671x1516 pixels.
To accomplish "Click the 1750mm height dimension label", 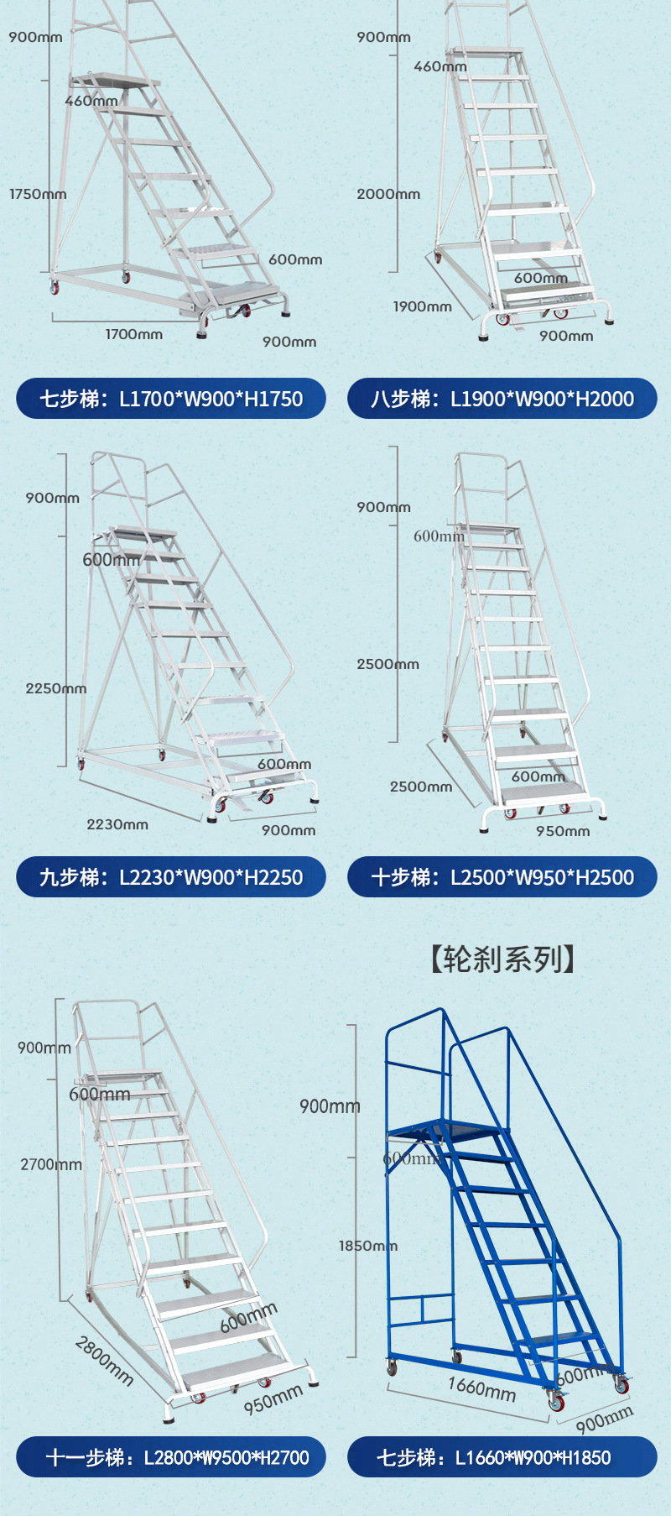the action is pyautogui.click(x=38, y=194).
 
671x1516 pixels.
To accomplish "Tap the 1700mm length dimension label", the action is pyautogui.click(x=133, y=334).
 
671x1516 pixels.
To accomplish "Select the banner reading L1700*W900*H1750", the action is pyautogui.click(x=170, y=399).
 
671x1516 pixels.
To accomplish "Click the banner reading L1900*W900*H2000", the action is pyautogui.click(x=502, y=399).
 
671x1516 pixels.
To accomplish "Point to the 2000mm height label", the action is pyautogui.click(x=388, y=194).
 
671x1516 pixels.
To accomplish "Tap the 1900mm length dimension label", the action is pyautogui.click(x=422, y=306).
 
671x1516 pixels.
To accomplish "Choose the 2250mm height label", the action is pyautogui.click(x=55, y=688).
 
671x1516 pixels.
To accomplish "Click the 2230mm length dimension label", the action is pyautogui.click(x=117, y=824).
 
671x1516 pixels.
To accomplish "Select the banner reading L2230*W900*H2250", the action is pyautogui.click(x=170, y=877).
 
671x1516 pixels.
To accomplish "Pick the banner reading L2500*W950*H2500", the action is pyautogui.click(x=502, y=877).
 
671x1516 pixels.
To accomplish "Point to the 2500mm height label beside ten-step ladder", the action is pyautogui.click(x=388, y=664).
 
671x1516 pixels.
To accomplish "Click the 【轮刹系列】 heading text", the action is pyautogui.click(x=502, y=959).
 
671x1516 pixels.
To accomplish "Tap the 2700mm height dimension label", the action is pyautogui.click(x=51, y=1164).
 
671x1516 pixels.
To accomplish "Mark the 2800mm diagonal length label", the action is pyautogui.click(x=104, y=1360).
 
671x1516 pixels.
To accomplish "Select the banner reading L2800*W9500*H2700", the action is pyautogui.click(x=170, y=1457).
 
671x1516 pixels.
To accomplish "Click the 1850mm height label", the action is pyautogui.click(x=367, y=1246).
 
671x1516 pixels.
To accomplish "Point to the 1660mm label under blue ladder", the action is pyautogui.click(x=481, y=1388).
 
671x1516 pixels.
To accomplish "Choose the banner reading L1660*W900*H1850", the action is pyautogui.click(x=502, y=1457).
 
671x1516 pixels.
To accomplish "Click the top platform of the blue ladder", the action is pyautogui.click(x=445, y=1130).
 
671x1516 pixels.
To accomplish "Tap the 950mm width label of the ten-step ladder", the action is pyautogui.click(x=563, y=831).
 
